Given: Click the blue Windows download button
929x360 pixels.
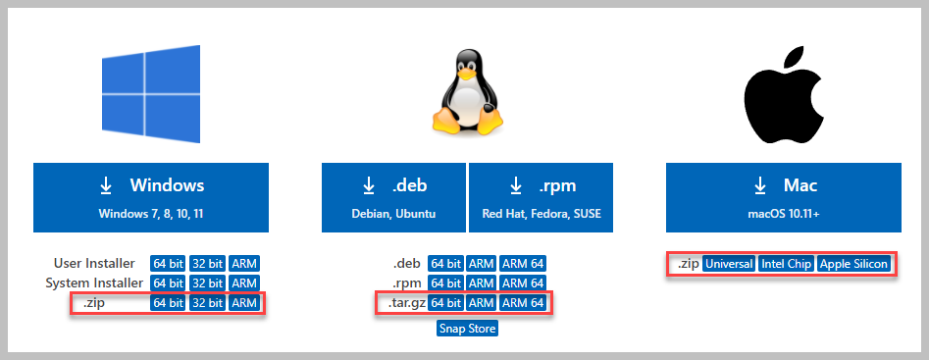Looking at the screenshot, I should click(150, 196).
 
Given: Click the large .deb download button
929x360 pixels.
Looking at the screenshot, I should click(393, 196).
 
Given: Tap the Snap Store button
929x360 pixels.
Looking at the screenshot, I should click(468, 329).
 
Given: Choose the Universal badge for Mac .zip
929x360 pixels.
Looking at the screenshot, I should click(728, 264).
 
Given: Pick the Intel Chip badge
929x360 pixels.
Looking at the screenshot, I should click(786, 264).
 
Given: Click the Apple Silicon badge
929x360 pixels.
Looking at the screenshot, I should click(853, 264).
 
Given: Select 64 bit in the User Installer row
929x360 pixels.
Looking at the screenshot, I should click(168, 264).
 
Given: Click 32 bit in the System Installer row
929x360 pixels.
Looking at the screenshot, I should click(207, 283).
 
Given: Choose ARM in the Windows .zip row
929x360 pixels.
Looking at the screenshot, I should click(244, 304).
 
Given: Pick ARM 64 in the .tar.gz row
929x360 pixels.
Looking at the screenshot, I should click(523, 304).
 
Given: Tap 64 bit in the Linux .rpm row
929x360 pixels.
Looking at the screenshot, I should click(445, 283).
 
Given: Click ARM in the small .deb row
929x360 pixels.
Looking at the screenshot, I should click(481, 264).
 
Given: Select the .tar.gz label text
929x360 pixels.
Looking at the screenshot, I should click(402, 304).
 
